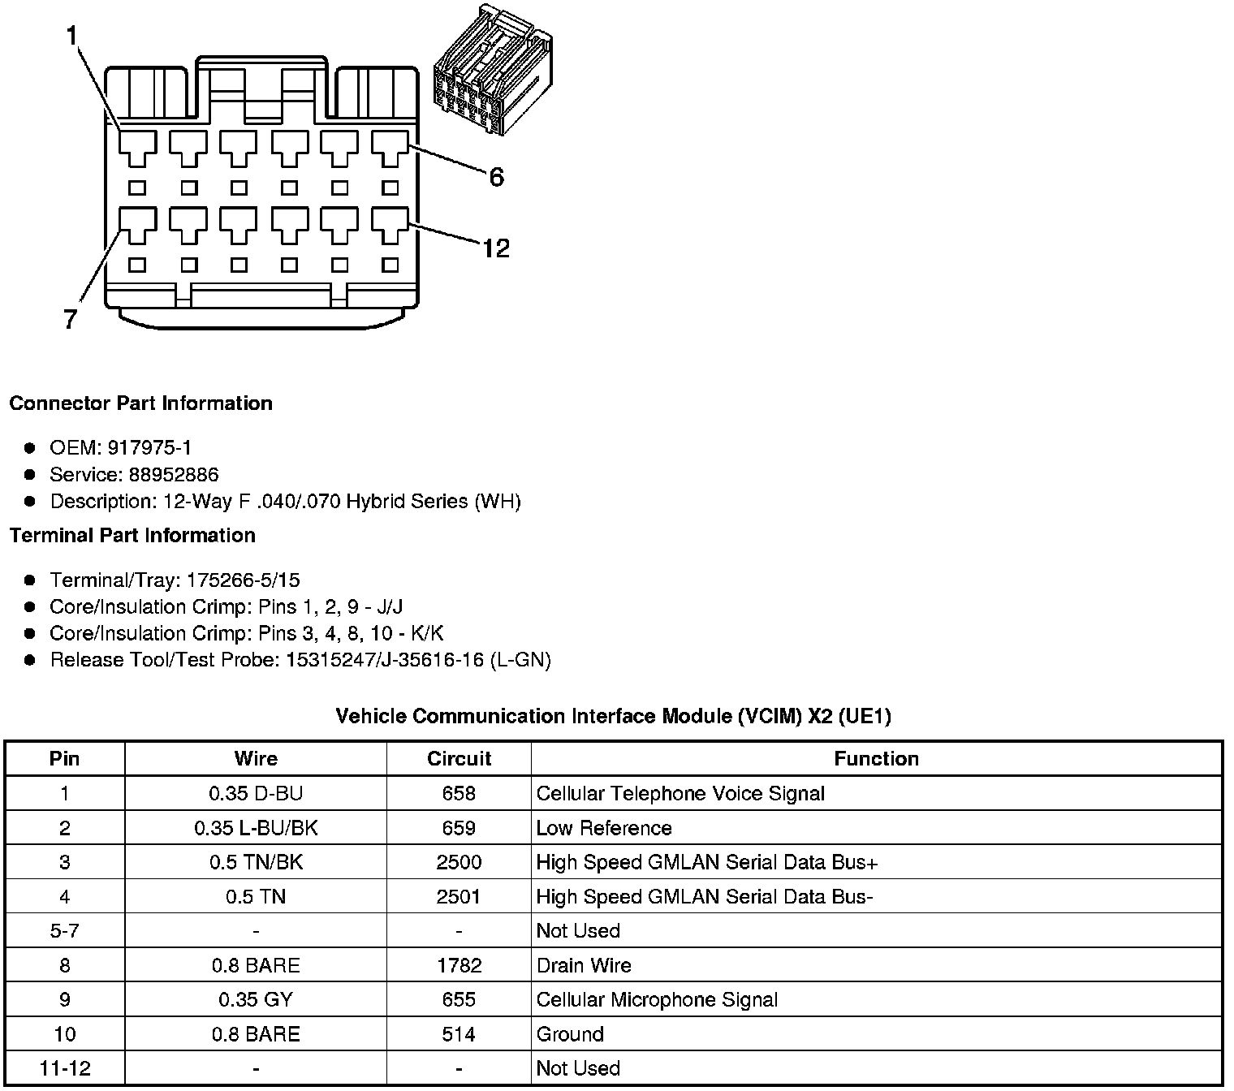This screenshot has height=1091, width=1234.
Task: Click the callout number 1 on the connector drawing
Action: point(73,37)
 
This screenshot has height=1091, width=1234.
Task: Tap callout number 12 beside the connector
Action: point(495,248)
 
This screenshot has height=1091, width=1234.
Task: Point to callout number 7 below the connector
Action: point(71,319)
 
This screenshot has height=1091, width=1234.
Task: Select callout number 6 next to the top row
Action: point(496,177)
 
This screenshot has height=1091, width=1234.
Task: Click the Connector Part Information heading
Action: point(141,403)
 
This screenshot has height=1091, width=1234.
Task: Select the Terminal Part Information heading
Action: point(132,536)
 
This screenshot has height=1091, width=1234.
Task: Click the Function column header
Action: point(876,759)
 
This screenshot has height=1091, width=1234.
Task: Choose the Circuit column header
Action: point(459,759)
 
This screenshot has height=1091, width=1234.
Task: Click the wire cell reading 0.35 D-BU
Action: point(256,793)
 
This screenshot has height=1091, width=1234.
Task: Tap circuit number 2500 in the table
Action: point(459,862)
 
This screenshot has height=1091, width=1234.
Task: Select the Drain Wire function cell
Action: point(584,965)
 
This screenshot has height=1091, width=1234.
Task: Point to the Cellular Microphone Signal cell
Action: point(657,1000)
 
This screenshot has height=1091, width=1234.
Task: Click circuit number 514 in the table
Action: point(459,1034)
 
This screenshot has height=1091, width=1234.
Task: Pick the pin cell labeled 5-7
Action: point(64,931)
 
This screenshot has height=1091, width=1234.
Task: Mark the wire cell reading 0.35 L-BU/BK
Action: point(256,828)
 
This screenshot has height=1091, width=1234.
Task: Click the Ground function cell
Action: point(570,1034)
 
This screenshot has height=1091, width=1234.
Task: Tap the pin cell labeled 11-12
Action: point(64,1068)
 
